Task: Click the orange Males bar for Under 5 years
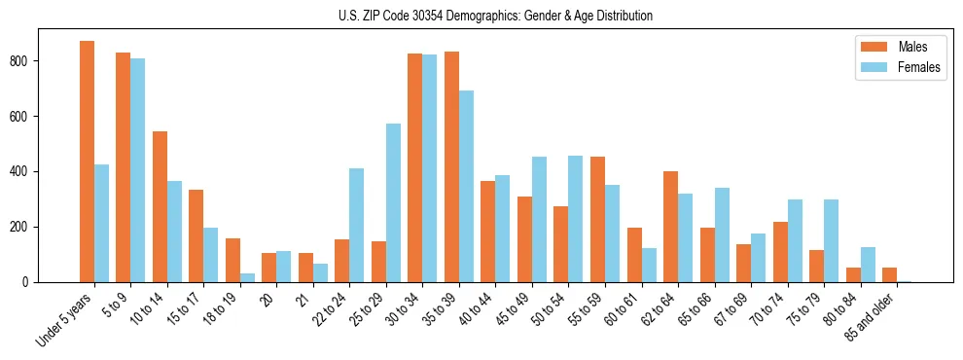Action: (87, 162)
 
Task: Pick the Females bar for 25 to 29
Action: (393, 202)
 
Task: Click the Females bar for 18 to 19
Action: (247, 277)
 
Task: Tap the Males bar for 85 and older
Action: (889, 274)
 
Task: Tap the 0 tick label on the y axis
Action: (29, 282)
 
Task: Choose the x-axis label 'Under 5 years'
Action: (66, 320)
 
